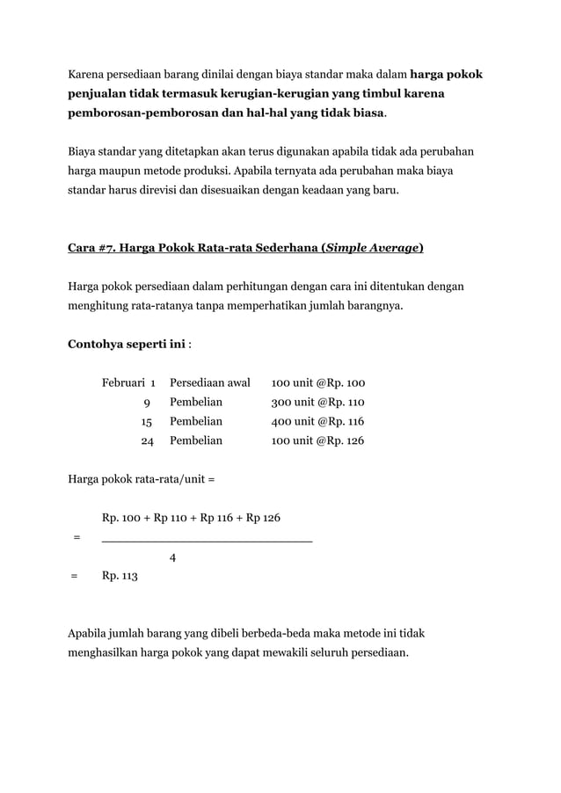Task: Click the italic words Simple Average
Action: (373, 248)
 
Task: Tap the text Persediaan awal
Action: (210, 383)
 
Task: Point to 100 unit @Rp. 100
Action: (317, 383)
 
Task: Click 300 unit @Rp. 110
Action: (317, 403)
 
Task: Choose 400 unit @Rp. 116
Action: (317, 422)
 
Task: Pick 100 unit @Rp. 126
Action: (317, 441)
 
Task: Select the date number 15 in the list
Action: (147, 422)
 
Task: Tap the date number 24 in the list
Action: (147, 441)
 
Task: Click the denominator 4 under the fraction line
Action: (172, 557)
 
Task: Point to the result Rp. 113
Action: (120, 577)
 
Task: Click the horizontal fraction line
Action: (207, 538)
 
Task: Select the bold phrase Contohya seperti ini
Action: (127, 344)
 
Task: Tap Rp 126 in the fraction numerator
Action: (264, 518)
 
